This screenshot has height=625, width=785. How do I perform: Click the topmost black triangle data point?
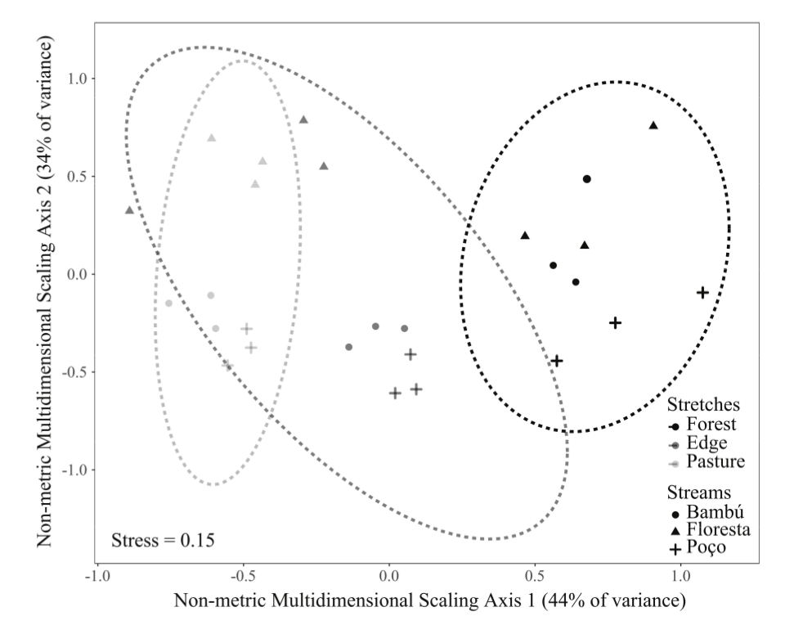653,125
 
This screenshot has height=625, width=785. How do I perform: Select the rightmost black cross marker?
702,293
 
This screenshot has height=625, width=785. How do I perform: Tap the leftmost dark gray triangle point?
129,210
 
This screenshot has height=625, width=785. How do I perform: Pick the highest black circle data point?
586,179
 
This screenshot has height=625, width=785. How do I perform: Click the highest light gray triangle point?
211,137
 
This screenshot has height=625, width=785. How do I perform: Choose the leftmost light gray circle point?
168,304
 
